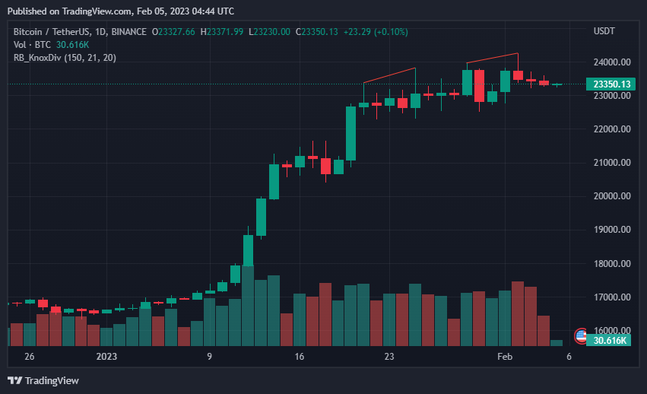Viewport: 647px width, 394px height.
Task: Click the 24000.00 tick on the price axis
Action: click(x=611, y=62)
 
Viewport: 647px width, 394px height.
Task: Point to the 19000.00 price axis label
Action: click(x=611, y=230)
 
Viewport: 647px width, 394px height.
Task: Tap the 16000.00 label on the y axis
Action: click(x=611, y=331)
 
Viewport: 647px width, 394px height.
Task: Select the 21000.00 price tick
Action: click(x=611, y=163)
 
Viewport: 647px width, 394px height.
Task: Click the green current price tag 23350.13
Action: click(x=612, y=84)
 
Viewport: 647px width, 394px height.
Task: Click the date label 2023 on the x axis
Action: click(x=106, y=356)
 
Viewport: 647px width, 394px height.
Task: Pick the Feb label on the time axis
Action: click(x=505, y=356)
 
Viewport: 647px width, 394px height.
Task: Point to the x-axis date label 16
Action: click(x=299, y=356)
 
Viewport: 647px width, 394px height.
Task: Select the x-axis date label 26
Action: click(x=29, y=356)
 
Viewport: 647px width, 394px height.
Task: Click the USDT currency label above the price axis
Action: click(x=604, y=31)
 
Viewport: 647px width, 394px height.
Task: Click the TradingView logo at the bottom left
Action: click(x=43, y=380)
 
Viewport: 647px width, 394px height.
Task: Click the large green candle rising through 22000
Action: click(x=350, y=133)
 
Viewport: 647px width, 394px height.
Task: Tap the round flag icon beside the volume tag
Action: click(x=582, y=335)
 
